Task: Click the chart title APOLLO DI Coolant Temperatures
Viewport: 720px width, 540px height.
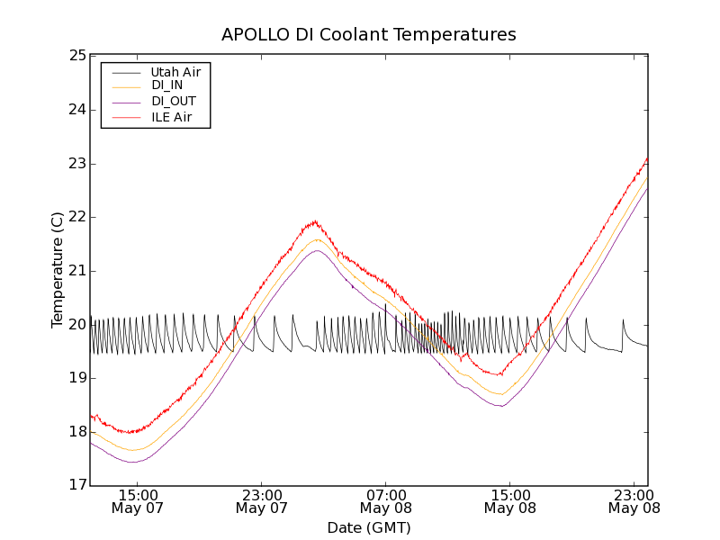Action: pos(369,35)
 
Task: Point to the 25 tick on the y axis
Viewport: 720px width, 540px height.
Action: pos(76,56)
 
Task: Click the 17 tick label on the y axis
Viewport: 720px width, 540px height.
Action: pos(76,486)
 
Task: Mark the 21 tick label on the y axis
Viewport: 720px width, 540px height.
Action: pos(76,271)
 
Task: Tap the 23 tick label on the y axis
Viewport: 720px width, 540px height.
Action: pos(76,164)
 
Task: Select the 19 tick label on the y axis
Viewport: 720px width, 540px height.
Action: pos(76,378)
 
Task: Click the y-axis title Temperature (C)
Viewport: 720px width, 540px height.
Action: pos(58,270)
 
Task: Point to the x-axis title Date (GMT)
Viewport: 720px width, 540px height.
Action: pos(369,527)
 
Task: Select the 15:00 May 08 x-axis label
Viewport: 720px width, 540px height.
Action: pos(509,501)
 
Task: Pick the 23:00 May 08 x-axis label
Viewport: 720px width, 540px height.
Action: pos(634,501)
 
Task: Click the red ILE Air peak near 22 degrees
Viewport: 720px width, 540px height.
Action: pos(314,221)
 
